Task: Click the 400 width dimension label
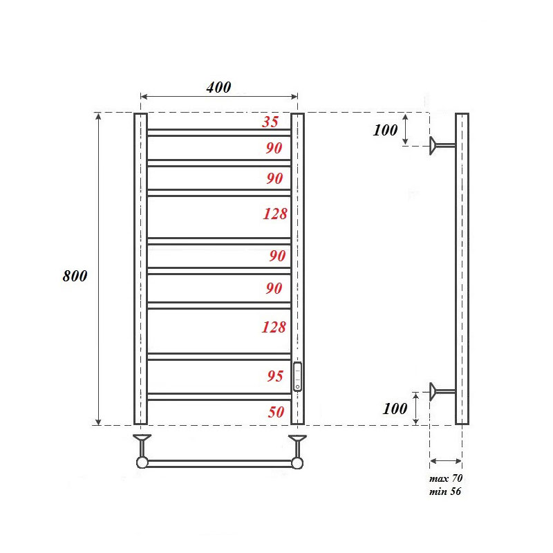click(x=218, y=88)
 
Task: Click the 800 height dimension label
click(x=75, y=276)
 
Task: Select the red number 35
click(x=270, y=122)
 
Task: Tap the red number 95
click(x=274, y=377)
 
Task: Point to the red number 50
click(x=275, y=411)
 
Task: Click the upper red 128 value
click(x=274, y=214)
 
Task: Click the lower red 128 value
click(x=274, y=327)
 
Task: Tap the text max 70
click(x=446, y=479)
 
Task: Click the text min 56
click(x=445, y=491)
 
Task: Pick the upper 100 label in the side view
click(x=385, y=130)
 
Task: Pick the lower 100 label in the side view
click(x=395, y=409)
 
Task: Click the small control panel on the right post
click(x=297, y=377)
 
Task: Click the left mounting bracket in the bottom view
click(x=142, y=442)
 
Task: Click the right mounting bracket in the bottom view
click(x=298, y=442)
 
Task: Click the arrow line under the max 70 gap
click(x=446, y=460)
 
